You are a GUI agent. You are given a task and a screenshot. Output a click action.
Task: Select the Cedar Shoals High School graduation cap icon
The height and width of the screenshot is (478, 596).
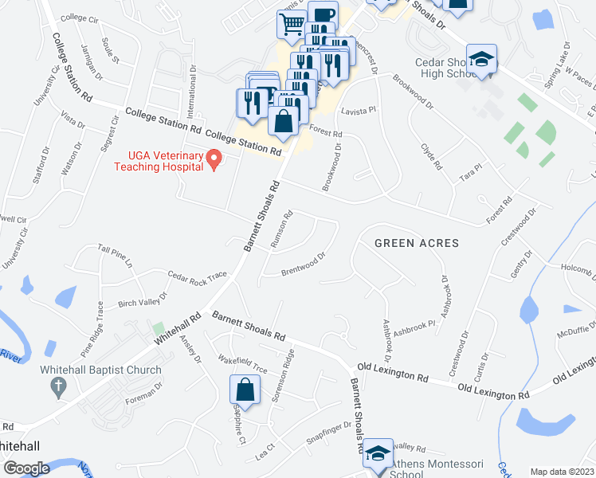tap(481, 60)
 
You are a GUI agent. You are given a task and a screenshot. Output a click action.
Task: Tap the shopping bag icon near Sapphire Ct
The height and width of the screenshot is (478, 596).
tap(245, 391)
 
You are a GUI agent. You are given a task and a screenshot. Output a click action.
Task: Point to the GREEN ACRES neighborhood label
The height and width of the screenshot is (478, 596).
tap(417, 242)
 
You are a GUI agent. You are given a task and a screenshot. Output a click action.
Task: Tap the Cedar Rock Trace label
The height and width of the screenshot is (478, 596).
tap(197, 276)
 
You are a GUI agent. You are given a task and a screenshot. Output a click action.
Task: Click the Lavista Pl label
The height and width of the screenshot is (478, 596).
tap(357, 112)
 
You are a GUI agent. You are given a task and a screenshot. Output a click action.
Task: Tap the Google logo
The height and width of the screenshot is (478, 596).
tap(27, 468)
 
